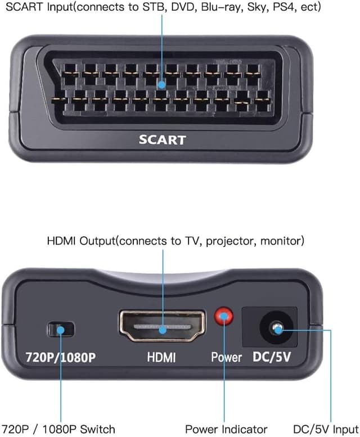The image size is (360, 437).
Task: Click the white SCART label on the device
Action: coord(162,139)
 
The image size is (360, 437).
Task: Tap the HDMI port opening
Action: coord(162,326)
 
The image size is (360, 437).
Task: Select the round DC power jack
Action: coord(276,327)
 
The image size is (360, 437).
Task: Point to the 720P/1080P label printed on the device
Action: coord(60,357)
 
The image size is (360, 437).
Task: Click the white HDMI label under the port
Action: coord(161,357)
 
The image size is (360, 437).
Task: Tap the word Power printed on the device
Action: coord(226,357)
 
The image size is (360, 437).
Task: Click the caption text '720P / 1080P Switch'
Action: coord(58,429)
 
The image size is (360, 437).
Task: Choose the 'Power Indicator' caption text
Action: coord(226,429)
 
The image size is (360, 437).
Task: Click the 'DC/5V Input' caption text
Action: coord(326,429)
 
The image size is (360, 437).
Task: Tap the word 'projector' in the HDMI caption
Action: coord(228,241)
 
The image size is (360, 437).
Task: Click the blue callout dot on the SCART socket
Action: coord(162,84)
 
